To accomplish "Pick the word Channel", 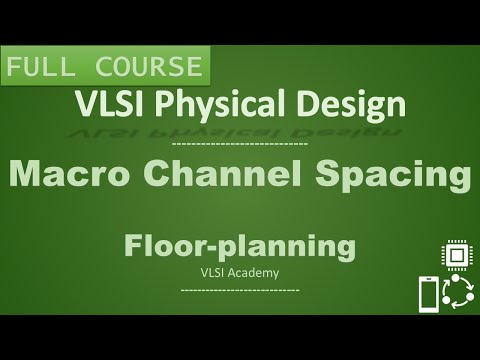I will pos(237,175).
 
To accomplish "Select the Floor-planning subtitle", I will pos(240,246).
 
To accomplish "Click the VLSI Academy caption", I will pos(240,270).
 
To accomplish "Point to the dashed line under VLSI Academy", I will pos(240,290).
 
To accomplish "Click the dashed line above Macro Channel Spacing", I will pos(240,145).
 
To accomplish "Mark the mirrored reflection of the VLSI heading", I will pos(240,128).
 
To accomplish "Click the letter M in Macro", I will pos(25,175).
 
